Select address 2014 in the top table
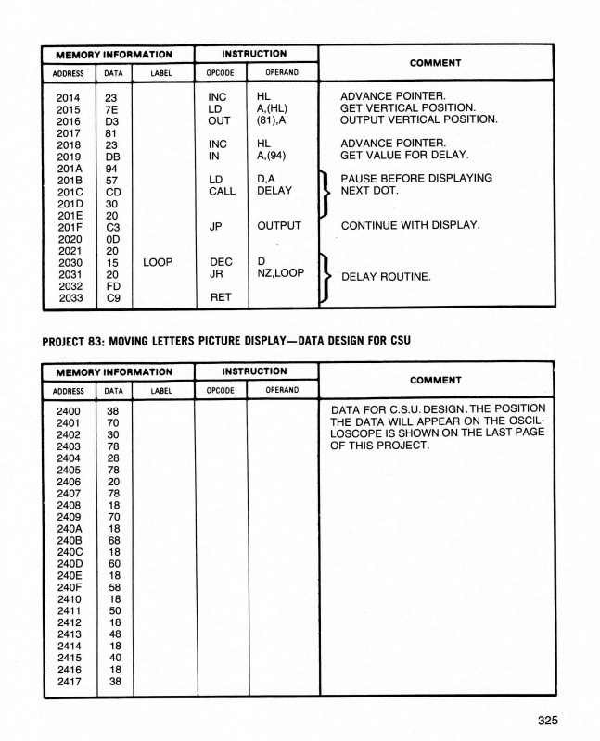click(x=68, y=95)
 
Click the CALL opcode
click(x=222, y=191)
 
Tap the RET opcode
click(x=219, y=298)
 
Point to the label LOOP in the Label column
click(x=158, y=262)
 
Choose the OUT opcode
click(x=219, y=119)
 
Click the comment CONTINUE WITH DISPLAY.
click(x=410, y=225)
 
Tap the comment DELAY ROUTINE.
click(x=387, y=277)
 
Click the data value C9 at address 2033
click(x=113, y=298)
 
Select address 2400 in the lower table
click(x=69, y=409)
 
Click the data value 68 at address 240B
click(x=113, y=541)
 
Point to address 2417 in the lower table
click(x=69, y=684)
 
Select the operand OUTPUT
click(x=279, y=226)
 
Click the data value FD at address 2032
click(x=113, y=286)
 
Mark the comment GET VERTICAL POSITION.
click(x=407, y=107)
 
